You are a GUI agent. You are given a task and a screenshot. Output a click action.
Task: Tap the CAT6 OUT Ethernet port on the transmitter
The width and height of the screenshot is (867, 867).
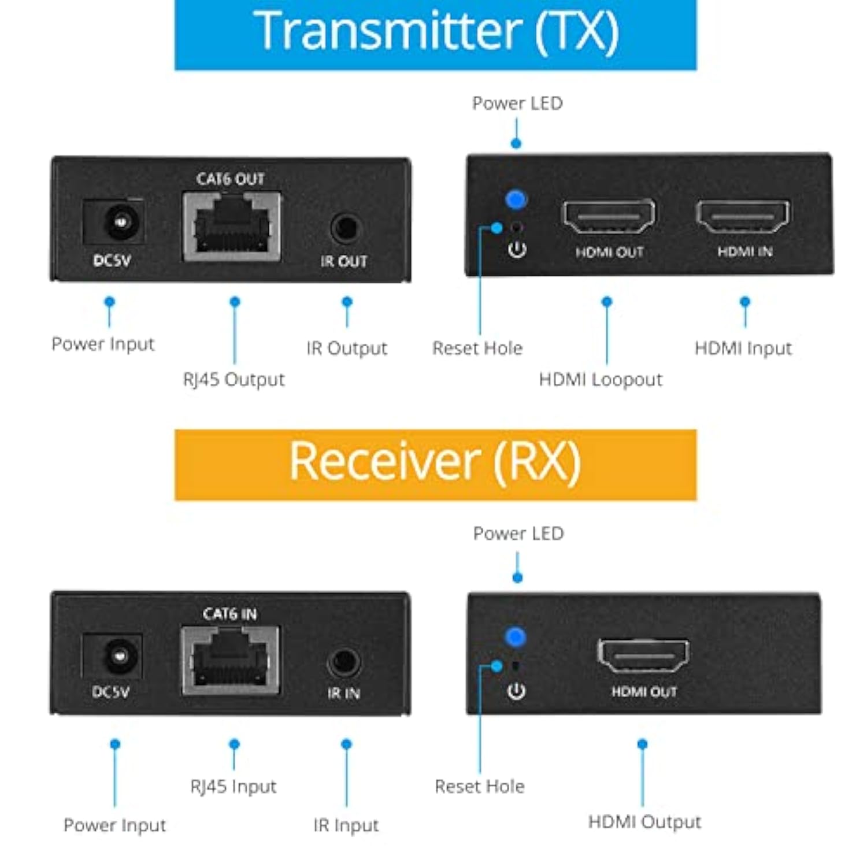232,227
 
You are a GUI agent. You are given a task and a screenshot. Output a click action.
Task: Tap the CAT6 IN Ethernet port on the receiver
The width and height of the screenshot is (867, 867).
231,660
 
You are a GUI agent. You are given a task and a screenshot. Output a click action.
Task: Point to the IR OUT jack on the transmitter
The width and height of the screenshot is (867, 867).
346,228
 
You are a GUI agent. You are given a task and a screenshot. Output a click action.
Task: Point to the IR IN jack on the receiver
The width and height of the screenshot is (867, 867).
344,662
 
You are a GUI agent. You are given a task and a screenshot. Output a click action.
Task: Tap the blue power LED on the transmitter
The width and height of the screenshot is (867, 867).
516,199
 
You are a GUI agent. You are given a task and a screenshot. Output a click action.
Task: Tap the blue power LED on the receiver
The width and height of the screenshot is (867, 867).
515,637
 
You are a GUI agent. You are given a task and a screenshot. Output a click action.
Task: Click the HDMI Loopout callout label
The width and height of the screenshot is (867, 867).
601,380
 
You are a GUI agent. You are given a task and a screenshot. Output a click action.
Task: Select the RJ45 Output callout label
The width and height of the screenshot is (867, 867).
234,380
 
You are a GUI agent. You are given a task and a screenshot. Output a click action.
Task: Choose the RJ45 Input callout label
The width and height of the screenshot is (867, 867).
234,787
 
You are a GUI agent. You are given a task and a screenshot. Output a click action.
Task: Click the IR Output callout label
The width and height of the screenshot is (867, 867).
346,349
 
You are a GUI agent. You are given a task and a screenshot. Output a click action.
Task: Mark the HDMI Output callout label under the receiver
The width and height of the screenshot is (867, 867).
644,822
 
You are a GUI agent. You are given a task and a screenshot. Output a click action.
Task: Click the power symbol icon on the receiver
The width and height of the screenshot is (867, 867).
516,691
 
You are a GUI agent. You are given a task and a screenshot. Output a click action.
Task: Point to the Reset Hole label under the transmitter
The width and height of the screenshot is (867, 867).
477,349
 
